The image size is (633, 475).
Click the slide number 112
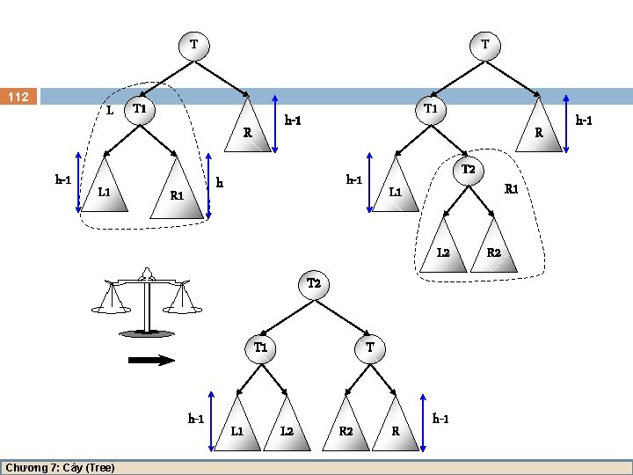click(x=18, y=96)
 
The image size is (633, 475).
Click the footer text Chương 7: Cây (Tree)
click(x=60, y=467)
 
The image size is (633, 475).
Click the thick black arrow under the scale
click(x=151, y=359)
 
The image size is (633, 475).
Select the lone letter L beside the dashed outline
click(x=109, y=111)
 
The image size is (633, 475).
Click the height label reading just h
click(x=220, y=183)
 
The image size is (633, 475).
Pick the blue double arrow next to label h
click(x=210, y=184)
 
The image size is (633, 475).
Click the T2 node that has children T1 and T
click(x=314, y=283)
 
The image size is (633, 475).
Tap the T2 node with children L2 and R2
click(x=468, y=170)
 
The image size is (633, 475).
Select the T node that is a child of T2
click(x=370, y=347)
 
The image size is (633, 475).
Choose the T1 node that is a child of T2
click(x=260, y=347)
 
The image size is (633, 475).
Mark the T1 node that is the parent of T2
click(x=430, y=109)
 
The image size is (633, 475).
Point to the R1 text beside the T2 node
click(x=511, y=188)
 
